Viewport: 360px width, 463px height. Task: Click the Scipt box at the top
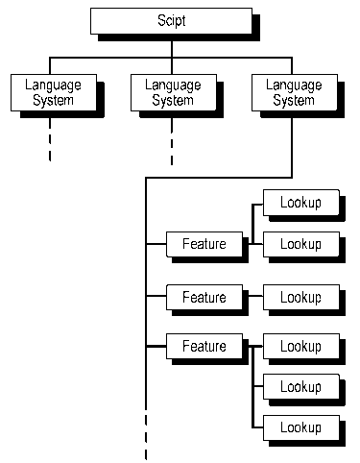click(171, 19)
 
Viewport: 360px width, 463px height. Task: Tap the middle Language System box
click(173, 91)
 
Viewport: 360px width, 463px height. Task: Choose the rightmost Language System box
click(294, 91)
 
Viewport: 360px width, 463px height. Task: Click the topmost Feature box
click(204, 244)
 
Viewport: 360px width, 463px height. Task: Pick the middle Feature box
click(204, 297)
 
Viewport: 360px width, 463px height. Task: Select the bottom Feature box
click(204, 346)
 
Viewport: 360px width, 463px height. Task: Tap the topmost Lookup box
click(300, 203)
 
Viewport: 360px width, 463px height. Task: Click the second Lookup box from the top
click(300, 244)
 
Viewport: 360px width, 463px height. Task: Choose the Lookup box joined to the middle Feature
click(300, 297)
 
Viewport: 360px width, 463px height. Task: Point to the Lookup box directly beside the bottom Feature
click(300, 346)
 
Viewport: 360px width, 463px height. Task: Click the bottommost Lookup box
click(300, 426)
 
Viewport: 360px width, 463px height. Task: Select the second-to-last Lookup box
click(300, 386)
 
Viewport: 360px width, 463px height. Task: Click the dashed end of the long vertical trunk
click(146, 437)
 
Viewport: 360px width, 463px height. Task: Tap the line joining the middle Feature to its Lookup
click(252, 297)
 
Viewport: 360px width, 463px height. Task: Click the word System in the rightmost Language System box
click(294, 99)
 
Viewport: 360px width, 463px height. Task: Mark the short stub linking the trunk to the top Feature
click(156, 245)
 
